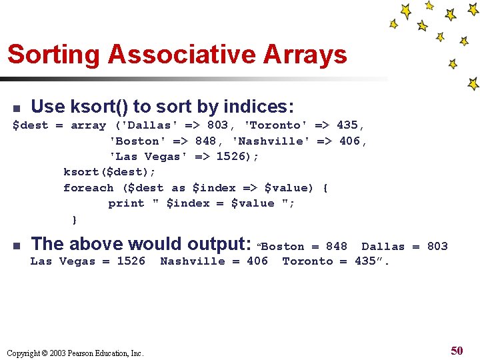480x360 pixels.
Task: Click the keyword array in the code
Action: pos(88,125)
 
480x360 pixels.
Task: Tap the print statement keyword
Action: pos(126,203)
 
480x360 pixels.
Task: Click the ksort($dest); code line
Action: pos(109,172)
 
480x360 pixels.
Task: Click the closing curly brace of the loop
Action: pos(75,219)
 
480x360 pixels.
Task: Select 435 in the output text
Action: pos(365,261)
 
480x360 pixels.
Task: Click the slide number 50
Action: pos(457,351)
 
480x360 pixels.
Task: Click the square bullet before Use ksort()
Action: pos(17,108)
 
